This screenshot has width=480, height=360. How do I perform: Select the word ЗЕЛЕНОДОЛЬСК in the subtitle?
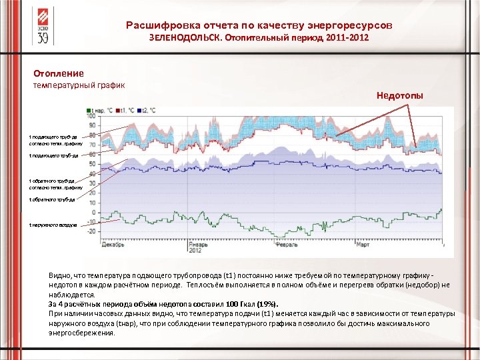[186, 39]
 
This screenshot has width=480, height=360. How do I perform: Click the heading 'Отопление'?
[59, 73]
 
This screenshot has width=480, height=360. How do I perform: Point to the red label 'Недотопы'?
[399, 95]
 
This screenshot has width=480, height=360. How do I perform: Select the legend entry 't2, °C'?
[146, 110]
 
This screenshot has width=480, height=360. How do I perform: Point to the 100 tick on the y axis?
[91, 115]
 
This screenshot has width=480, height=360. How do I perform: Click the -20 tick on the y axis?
[91, 231]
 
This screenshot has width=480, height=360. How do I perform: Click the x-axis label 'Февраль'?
[286, 245]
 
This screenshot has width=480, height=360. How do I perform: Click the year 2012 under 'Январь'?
[195, 251]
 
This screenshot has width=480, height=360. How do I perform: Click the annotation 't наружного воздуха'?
[53, 225]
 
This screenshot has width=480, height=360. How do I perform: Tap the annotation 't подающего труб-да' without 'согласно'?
[53, 155]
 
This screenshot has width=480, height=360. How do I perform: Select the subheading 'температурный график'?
[74, 85]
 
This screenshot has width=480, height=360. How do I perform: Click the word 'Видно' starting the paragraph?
[59, 275]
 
